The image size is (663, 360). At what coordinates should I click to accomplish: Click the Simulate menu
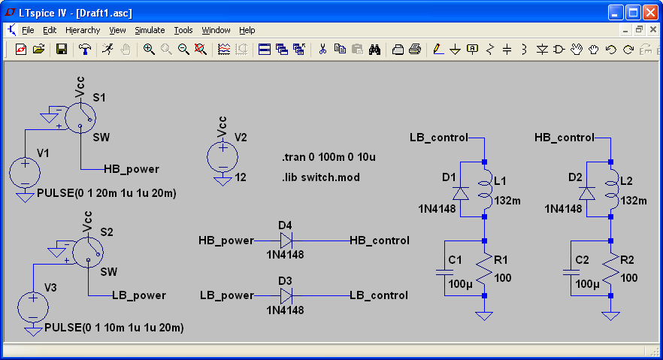pos(150,30)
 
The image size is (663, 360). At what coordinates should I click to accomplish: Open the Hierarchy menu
pos(83,30)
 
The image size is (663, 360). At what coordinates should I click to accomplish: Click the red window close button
pos(650,13)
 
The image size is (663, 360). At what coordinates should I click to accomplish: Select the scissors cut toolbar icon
pos(322,50)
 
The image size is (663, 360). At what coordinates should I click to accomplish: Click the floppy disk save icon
pos(62,50)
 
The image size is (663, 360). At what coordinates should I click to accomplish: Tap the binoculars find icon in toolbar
pos(374,50)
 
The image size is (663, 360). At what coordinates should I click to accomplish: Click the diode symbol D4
pos(286,241)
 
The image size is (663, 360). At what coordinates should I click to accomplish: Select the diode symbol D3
pos(286,295)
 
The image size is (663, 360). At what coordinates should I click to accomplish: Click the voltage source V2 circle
pos(223,157)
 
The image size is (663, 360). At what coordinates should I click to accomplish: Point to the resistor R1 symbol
pos(484,268)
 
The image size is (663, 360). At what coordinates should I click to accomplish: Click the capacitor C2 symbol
pos(571,272)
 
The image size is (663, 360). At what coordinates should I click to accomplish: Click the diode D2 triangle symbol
pos(587,193)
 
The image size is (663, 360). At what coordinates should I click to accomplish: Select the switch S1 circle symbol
pos(80,118)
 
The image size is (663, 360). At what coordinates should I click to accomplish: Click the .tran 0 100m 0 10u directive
pos(328,157)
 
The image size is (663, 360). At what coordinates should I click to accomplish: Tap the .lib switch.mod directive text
pos(321,177)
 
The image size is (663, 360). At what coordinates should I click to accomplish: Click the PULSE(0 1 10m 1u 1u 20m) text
pos(114,328)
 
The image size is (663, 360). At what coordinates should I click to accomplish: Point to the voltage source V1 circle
pos(25,172)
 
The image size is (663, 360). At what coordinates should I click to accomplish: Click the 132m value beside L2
pos(634,201)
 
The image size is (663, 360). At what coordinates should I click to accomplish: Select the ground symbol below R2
pos(610,316)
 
